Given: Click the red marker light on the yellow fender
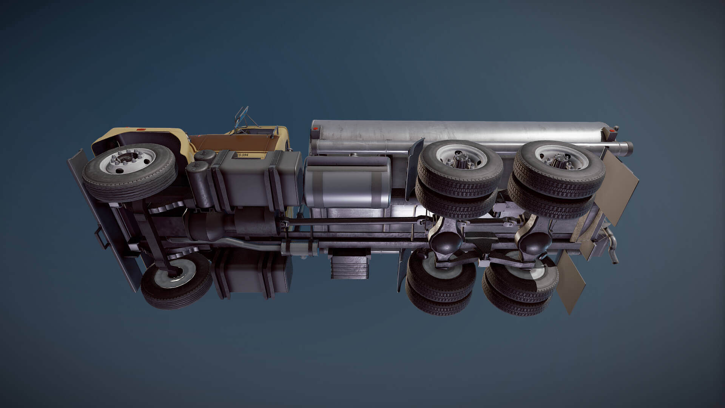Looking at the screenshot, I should click(x=141, y=130).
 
